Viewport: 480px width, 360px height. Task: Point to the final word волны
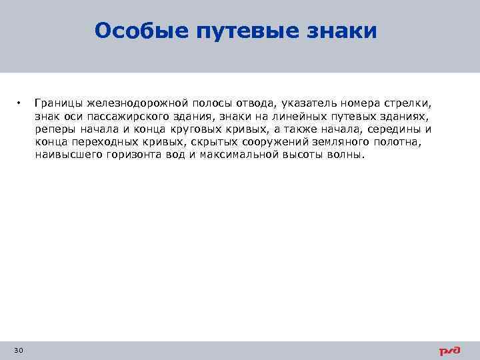tap(346, 155)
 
